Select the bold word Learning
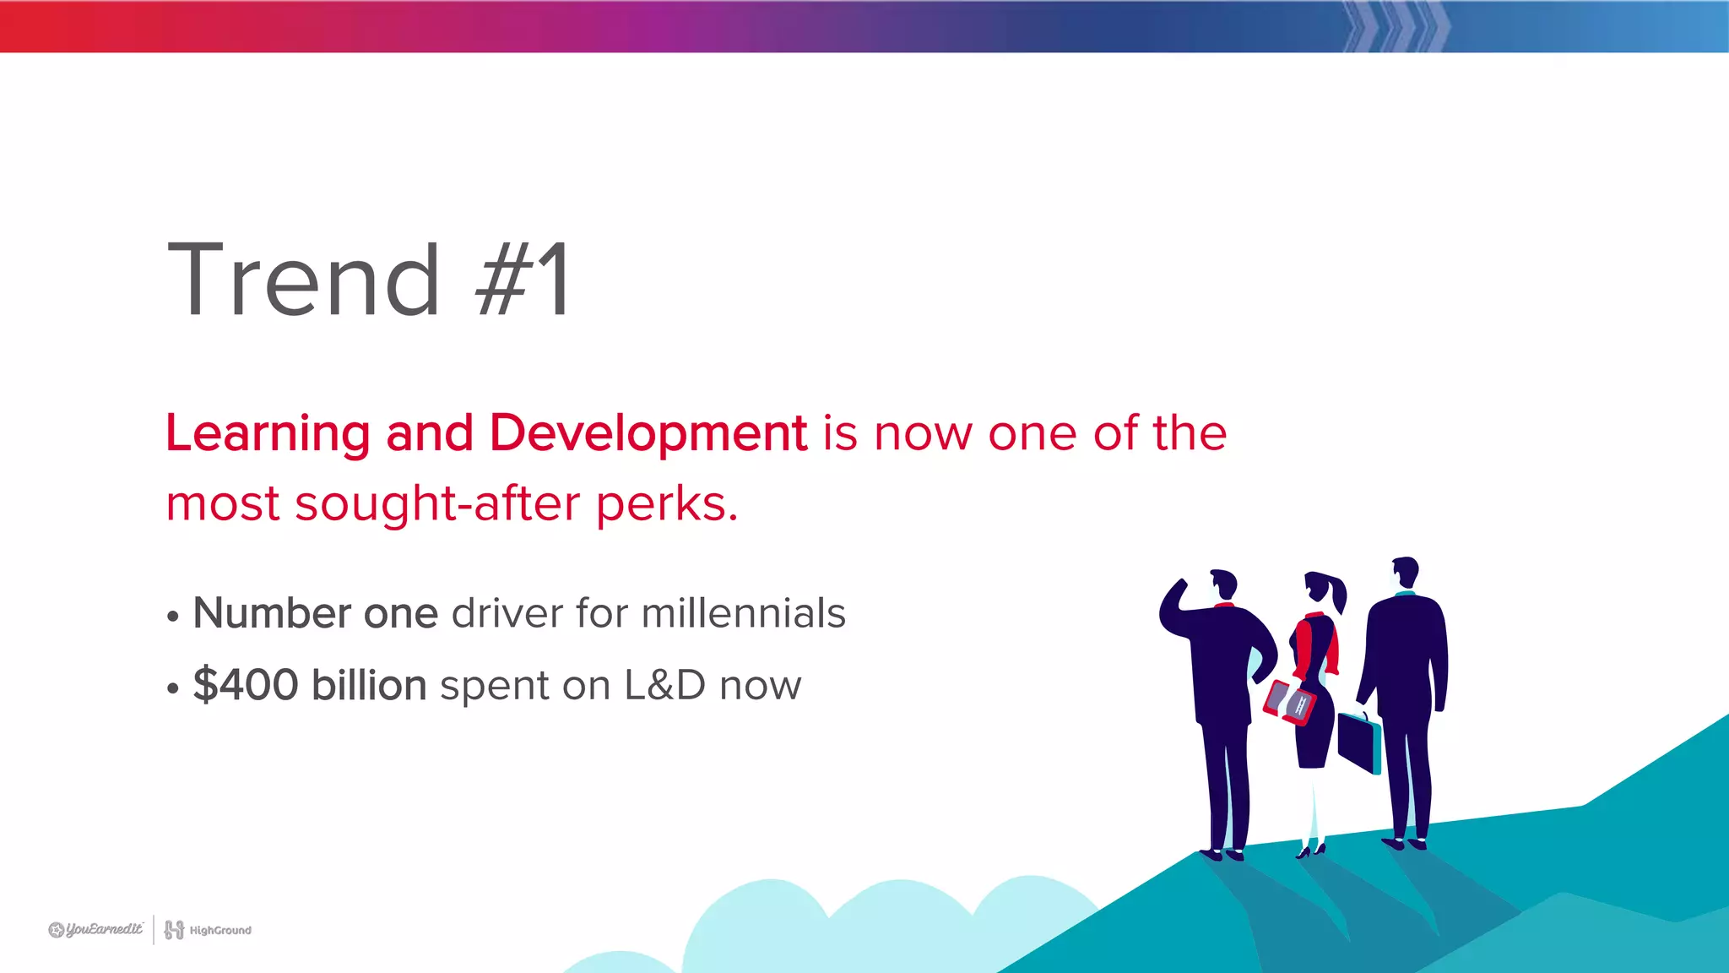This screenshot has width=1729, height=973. click(268, 434)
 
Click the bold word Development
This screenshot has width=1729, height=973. click(648, 434)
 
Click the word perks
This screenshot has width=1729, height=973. click(666, 505)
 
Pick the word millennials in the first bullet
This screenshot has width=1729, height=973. click(743, 613)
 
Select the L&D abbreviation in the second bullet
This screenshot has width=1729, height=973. click(664, 685)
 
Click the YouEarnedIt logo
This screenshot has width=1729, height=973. click(96, 930)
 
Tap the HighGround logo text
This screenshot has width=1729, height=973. click(220, 931)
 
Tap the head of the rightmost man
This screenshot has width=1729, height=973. click(1405, 572)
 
